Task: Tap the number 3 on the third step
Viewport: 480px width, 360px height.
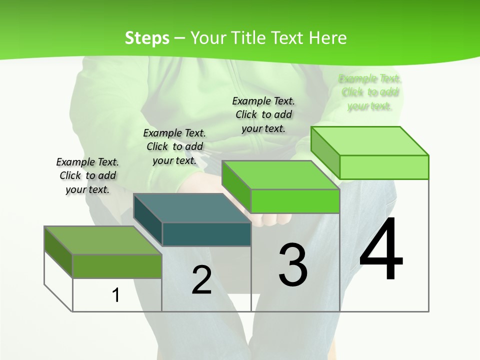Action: [292, 264]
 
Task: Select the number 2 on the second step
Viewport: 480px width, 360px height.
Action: [201, 280]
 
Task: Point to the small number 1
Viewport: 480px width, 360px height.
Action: [115, 295]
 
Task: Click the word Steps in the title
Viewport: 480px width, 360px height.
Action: [147, 38]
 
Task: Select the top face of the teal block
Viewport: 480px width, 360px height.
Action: [192, 208]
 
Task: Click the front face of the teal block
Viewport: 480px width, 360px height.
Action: [206, 234]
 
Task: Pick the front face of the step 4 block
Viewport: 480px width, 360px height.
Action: [384, 167]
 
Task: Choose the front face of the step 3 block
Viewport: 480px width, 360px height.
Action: [295, 201]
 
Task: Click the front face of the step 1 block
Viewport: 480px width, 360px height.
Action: [117, 266]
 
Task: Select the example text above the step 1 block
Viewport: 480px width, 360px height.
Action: [87, 175]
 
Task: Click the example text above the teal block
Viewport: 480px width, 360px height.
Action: [174, 146]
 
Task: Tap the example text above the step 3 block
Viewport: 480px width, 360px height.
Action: [263, 114]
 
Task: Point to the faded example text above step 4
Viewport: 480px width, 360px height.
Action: [369, 92]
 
